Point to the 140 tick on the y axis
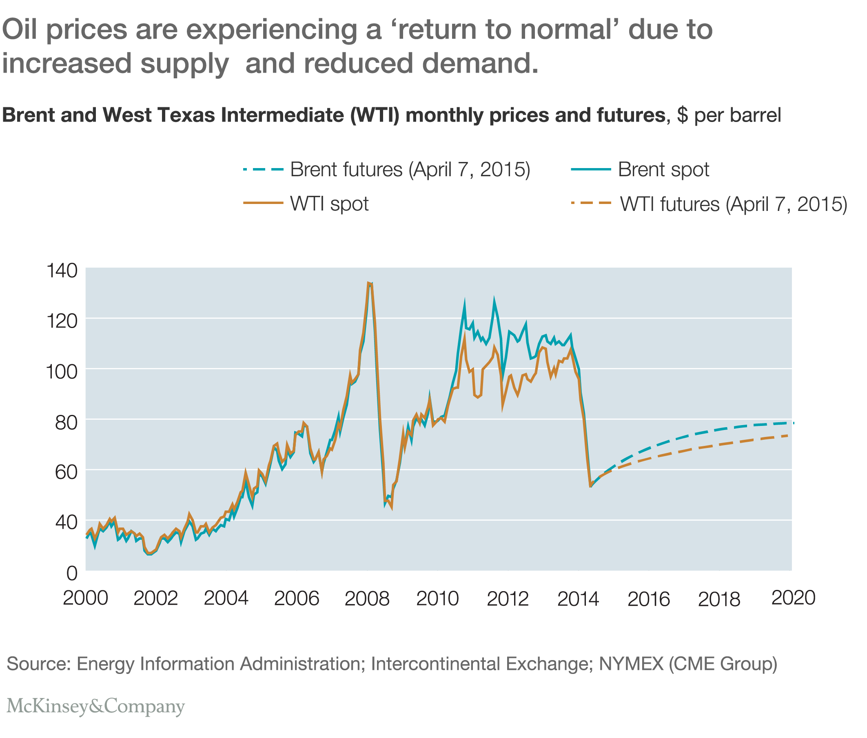point(62,271)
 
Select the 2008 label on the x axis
point(367,599)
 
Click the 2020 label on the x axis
point(793,598)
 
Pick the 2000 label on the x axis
point(85,599)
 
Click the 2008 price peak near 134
point(369,284)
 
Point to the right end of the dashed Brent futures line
point(793,423)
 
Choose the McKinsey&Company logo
point(96,707)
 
